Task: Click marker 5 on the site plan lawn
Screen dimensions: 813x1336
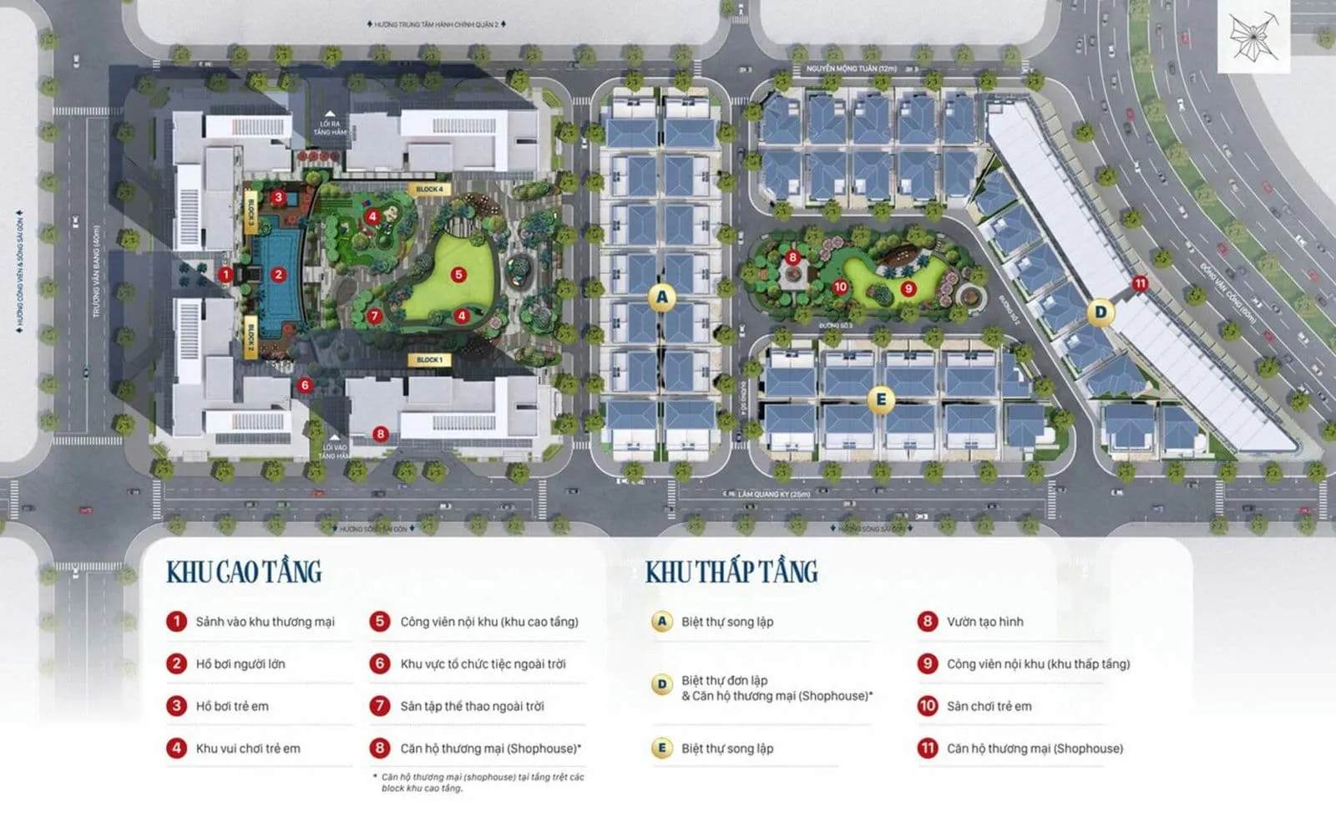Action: [458, 274]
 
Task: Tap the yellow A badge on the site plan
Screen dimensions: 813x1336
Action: [662, 297]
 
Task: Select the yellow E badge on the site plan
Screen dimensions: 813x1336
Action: [880, 399]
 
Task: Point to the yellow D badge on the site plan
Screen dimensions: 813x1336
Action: [1101, 312]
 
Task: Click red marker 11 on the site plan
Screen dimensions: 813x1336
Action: [1140, 284]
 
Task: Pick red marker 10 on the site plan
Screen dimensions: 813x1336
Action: [840, 287]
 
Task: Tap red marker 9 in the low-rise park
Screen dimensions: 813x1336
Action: [908, 289]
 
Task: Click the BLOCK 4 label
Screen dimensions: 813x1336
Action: [429, 190]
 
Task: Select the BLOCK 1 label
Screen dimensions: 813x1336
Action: [429, 360]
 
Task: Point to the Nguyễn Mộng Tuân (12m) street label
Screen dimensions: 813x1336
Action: [851, 69]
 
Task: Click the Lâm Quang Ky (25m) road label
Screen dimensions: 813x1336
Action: [774, 495]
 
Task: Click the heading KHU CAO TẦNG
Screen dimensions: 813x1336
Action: [244, 572]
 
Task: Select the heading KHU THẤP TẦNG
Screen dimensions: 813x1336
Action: [731, 572]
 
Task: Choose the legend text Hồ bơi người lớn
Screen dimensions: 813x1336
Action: [240, 664]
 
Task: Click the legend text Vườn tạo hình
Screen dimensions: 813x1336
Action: [984, 622]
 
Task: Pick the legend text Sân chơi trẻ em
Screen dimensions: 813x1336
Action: [989, 706]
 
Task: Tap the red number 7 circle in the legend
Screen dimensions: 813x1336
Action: [380, 706]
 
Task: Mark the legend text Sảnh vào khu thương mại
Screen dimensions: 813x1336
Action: [265, 622]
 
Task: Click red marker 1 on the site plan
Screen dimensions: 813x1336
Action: [225, 274]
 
